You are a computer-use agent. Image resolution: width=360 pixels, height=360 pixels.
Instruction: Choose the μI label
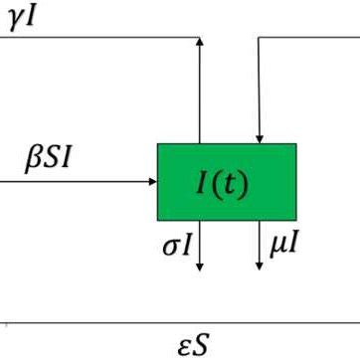pyautogui.click(x=282, y=243)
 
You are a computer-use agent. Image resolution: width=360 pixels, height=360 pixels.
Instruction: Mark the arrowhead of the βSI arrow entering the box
pyautogui.click(x=152, y=182)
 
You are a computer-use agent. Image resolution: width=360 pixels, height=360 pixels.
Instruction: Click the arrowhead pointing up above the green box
pyautogui.click(x=201, y=43)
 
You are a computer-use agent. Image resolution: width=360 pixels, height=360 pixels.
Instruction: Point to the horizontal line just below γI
pyautogui.click(x=99, y=38)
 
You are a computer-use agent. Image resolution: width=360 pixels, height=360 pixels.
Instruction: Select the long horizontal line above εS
pyautogui.click(x=179, y=323)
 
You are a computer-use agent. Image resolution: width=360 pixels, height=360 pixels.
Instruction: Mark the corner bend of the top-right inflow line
pyautogui.click(x=259, y=38)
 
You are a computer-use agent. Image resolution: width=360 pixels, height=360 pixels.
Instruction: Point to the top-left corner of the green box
pyautogui.click(x=158, y=144)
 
